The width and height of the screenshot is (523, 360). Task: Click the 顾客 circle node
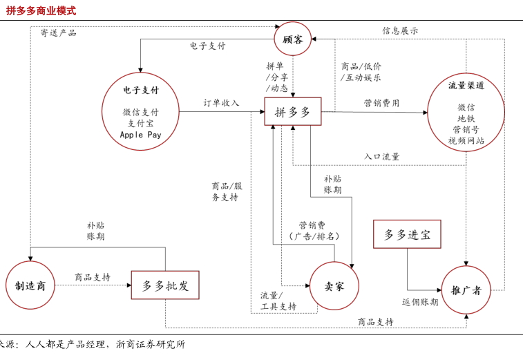(x=293, y=39)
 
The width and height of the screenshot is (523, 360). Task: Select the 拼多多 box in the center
(x=293, y=111)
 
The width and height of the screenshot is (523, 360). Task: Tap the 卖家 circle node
(x=334, y=286)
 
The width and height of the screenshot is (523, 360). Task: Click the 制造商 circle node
(x=30, y=285)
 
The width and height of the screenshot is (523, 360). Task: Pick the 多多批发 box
(x=165, y=285)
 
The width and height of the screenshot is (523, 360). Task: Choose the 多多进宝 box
(x=407, y=235)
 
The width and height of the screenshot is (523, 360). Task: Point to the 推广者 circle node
(x=466, y=290)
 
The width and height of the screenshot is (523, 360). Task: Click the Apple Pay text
(x=140, y=135)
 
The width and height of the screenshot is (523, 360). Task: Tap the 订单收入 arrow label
(x=221, y=103)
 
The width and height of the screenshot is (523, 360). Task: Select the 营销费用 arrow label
(x=381, y=103)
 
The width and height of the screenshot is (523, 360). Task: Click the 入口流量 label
(x=382, y=157)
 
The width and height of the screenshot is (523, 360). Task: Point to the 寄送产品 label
(x=58, y=32)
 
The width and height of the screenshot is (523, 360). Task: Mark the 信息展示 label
(x=400, y=31)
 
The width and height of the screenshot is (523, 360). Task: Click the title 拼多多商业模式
(x=41, y=11)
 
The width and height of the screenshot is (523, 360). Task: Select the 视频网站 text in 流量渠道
(x=466, y=140)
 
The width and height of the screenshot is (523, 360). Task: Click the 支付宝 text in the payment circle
(x=141, y=123)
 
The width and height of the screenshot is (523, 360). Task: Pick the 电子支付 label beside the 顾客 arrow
(x=207, y=46)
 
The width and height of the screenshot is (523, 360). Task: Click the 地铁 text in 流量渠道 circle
(x=466, y=118)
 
